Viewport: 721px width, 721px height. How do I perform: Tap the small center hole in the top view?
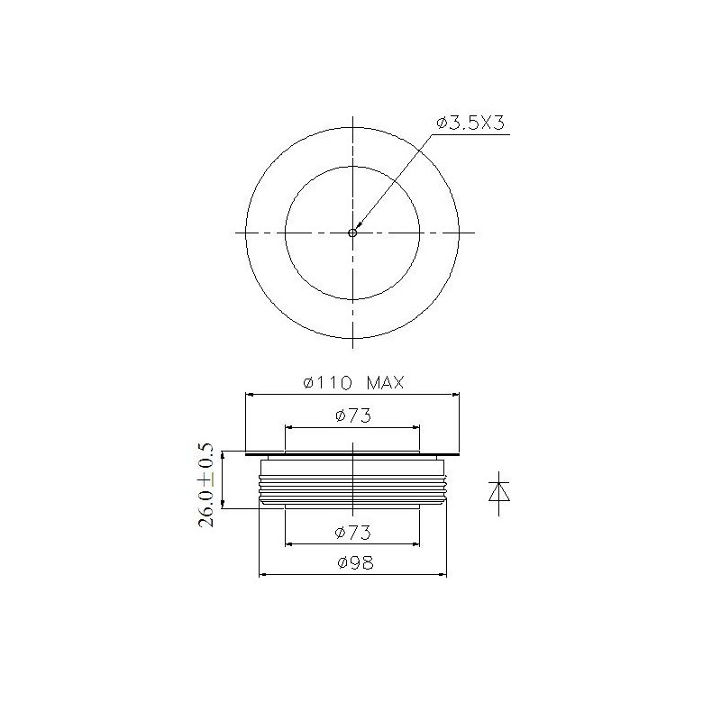pyautogui.click(x=352, y=232)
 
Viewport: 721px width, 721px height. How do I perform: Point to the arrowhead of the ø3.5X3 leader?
pyautogui.click(x=358, y=225)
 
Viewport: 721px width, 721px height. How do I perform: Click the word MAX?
pyautogui.click(x=385, y=383)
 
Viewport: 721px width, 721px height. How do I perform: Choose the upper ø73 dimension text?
pyautogui.click(x=352, y=415)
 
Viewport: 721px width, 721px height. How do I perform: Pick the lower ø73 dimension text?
pyautogui.click(x=352, y=533)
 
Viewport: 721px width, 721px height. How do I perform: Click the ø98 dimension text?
pyautogui.click(x=352, y=563)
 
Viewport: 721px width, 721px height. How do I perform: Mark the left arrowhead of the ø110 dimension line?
pyautogui.click(x=251, y=394)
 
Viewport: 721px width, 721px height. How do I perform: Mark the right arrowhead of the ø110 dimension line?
pyautogui.click(x=454, y=394)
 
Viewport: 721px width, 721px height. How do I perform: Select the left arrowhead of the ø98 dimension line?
pyautogui.click(x=264, y=574)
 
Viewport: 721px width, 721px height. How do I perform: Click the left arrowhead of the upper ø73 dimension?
pyautogui.click(x=289, y=426)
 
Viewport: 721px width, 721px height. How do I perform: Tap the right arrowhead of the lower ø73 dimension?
pyautogui.click(x=415, y=543)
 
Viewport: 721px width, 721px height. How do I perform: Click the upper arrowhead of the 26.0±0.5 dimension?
pyautogui.click(x=223, y=456)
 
